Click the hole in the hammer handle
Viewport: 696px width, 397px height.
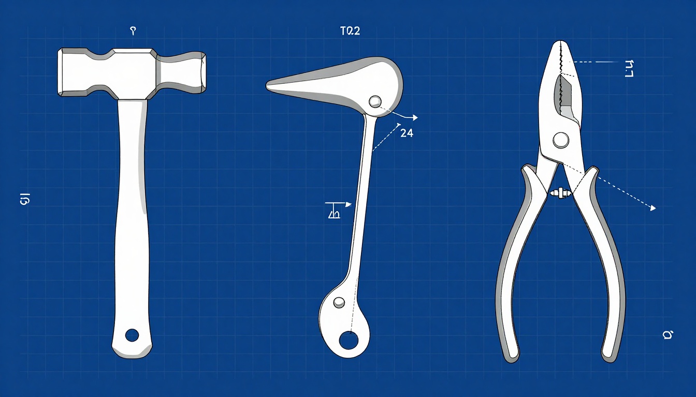[x=132, y=335]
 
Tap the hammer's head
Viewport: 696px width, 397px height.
[x=132, y=72]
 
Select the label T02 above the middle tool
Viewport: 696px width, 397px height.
[x=349, y=31]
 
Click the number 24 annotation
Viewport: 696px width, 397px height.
[x=407, y=133]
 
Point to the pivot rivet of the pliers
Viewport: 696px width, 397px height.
[x=560, y=139]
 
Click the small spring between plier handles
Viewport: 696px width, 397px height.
[x=561, y=193]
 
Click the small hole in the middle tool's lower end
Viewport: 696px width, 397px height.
[x=339, y=302]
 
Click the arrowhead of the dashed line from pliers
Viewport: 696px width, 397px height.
[x=653, y=208]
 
